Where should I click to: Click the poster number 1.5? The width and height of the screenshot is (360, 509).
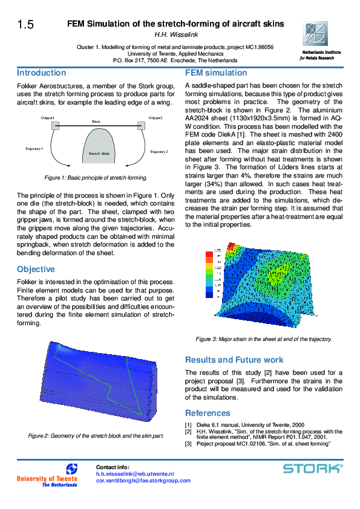click(x=25, y=25)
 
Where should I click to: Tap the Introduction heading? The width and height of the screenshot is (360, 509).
click(x=42, y=73)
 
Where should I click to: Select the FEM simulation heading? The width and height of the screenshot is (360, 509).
click(x=216, y=73)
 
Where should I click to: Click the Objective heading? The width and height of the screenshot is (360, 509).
click(x=36, y=269)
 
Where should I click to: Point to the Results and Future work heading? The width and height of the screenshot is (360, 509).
click(x=234, y=360)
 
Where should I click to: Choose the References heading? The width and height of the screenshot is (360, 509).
click(x=208, y=413)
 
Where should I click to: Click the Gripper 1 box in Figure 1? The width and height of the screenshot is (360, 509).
click(x=55, y=126)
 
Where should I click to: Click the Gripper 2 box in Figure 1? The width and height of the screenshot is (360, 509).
click(x=142, y=126)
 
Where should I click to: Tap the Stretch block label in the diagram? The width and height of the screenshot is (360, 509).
click(x=99, y=154)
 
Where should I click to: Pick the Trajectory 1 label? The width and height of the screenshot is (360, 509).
click(x=34, y=148)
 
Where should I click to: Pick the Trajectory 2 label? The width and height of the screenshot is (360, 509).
click(x=159, y=152)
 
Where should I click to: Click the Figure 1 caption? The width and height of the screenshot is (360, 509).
click(x=96, y=178)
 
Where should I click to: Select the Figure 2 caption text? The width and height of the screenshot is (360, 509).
click(x=96, y=435)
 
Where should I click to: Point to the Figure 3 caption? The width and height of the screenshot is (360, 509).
click(x=263, y=339)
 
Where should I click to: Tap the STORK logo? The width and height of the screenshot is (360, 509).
click(x=313, y=468)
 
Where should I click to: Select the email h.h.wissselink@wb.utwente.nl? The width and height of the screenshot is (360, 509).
click(x=135, y=474)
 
